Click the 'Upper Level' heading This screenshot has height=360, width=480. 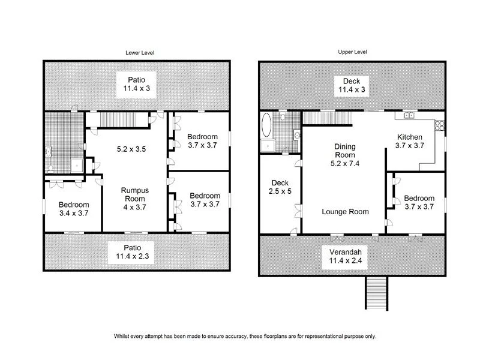352,52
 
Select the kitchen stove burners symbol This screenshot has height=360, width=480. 439,126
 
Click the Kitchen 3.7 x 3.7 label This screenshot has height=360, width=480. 410,140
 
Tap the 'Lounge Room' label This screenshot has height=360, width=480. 344,211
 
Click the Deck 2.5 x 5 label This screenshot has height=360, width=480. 280,187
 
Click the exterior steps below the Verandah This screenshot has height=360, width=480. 376,294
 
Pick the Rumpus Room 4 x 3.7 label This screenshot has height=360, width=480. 135,199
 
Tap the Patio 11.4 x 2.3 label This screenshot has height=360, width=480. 136,251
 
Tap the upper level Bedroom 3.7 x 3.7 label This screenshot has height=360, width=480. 419,202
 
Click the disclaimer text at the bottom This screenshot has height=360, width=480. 245,336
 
